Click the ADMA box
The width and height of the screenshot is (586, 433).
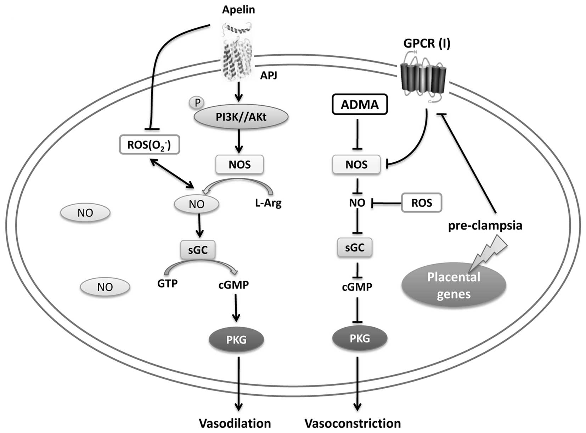[x=360, y=105]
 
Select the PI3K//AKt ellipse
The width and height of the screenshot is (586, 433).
[x=241, y=117]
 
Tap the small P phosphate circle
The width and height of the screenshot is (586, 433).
[x=197, y=103]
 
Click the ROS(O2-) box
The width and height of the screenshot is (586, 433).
[x=149, y=145]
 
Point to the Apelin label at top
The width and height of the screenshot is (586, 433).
[x=238, y=10]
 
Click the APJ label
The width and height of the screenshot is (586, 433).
[x=269, y=75]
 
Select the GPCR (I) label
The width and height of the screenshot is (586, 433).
[x=427, y=44]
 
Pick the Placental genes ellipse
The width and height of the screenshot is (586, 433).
[x=453, y=286]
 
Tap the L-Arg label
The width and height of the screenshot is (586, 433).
[x=268, y=203]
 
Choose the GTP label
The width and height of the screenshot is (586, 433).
[x=167, y=284]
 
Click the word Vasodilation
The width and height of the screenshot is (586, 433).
[x=235, y=423]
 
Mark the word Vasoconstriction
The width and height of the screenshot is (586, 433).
[x=353, y=423]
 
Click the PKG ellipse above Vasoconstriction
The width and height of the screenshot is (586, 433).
[x=360, y=338]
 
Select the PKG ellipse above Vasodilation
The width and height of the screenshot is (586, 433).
[x=236, y=340]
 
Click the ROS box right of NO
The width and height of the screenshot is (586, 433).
[x=422, y=203]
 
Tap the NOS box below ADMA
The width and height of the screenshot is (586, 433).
[x=356, y=165]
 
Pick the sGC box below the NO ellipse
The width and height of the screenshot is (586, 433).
[x=198, y=250]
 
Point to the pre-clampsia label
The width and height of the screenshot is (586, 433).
[x=485, y=226]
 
